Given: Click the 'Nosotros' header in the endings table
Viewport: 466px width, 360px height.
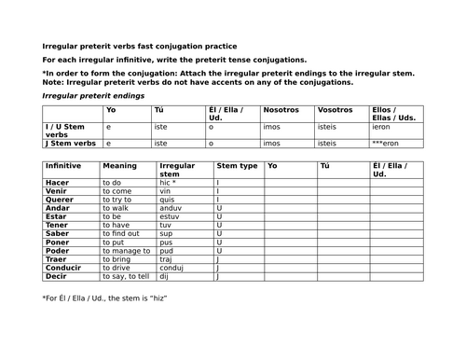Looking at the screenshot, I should (x=281, y=110).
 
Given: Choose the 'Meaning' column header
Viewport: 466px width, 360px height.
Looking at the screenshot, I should (x=121, y=166).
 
